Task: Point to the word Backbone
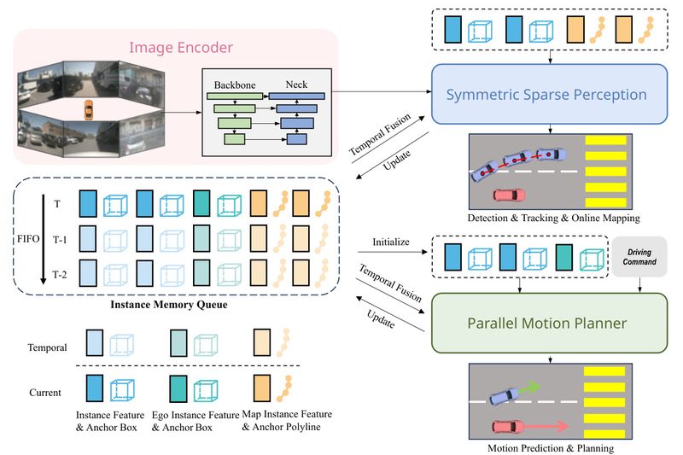tap(234, 86)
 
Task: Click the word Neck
tap(296, 86)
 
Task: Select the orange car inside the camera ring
tap(88, 110)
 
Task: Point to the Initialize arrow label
tap(392, 242)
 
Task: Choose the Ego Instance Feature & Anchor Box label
tap(194, 420)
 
